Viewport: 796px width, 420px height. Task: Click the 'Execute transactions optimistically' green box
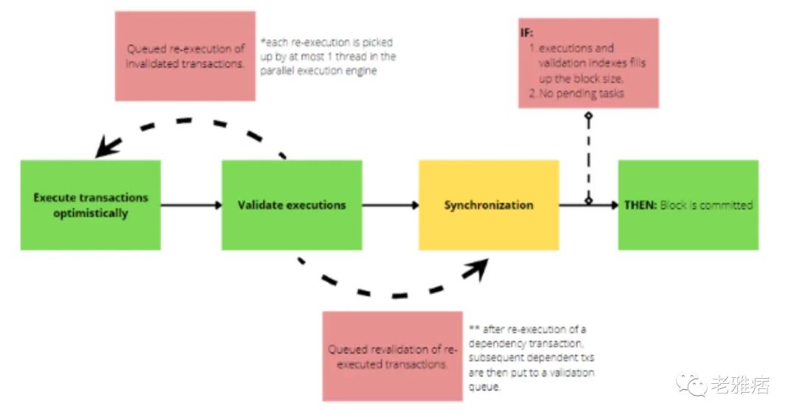[90, 205]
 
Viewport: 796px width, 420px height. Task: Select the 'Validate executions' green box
[292, 205]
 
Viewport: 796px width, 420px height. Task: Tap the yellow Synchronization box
[489, 205]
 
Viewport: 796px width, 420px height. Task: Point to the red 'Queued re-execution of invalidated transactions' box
[185, 56]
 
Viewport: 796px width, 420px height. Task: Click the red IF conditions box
[588, 63]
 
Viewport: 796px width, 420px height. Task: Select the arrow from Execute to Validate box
[191, 205]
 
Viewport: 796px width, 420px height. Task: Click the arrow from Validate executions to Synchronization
[391, 205]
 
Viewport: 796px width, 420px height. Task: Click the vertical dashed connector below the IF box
[588, 158]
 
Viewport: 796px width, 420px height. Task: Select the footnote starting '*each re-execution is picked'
[328, 56]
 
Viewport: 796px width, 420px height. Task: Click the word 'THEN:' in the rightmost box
[640, 205]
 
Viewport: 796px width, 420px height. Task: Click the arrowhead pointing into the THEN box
[613, 205]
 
